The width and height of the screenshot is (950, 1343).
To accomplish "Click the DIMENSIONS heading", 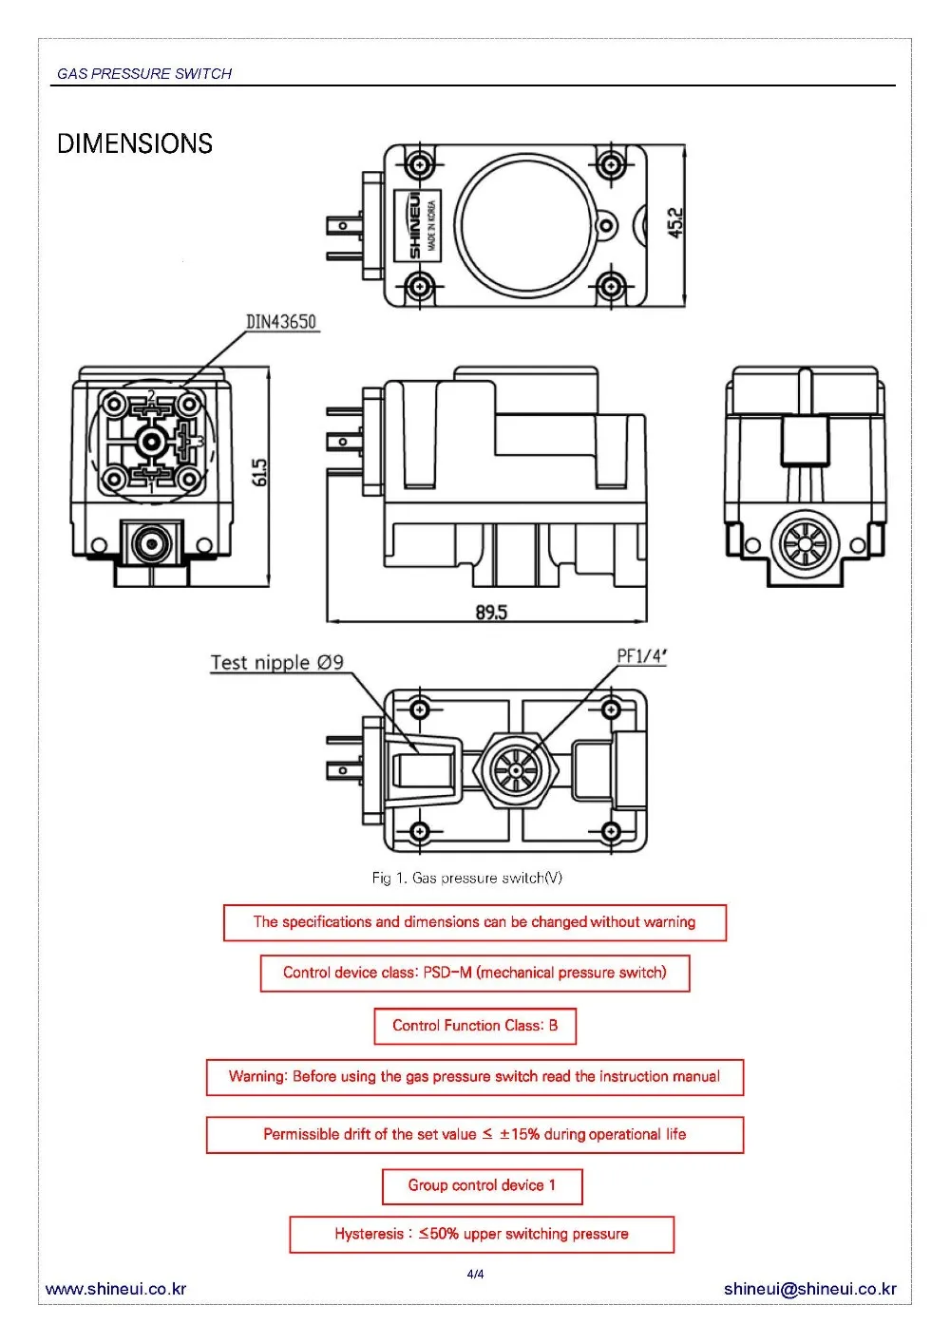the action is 134,144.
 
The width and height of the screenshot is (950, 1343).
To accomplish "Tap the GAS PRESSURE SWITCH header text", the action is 144,74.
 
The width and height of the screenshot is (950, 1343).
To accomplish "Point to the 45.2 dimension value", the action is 675,223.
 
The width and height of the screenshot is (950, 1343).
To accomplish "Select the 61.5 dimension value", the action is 259,472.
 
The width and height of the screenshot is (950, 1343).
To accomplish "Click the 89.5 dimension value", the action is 491,613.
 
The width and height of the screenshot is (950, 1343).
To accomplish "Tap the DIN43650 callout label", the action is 280,322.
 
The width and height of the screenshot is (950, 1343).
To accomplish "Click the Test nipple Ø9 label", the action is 277,663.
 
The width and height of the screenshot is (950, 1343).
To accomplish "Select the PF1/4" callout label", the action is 642,656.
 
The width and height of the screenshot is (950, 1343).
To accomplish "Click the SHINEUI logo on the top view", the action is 414,225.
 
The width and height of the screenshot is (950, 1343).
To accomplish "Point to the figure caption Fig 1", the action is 467,879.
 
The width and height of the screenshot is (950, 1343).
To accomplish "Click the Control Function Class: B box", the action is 475,1026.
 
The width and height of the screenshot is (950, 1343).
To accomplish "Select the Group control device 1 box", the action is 483,1186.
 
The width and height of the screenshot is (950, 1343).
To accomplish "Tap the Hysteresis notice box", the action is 482,1235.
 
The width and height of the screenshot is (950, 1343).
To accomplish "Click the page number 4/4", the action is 476,1274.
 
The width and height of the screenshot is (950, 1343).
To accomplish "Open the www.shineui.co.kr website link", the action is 116,1289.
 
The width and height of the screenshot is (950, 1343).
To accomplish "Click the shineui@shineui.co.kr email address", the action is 809,1289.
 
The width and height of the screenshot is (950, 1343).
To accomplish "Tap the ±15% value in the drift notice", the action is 520,1134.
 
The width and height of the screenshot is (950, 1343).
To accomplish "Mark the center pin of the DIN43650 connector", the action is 150,443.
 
